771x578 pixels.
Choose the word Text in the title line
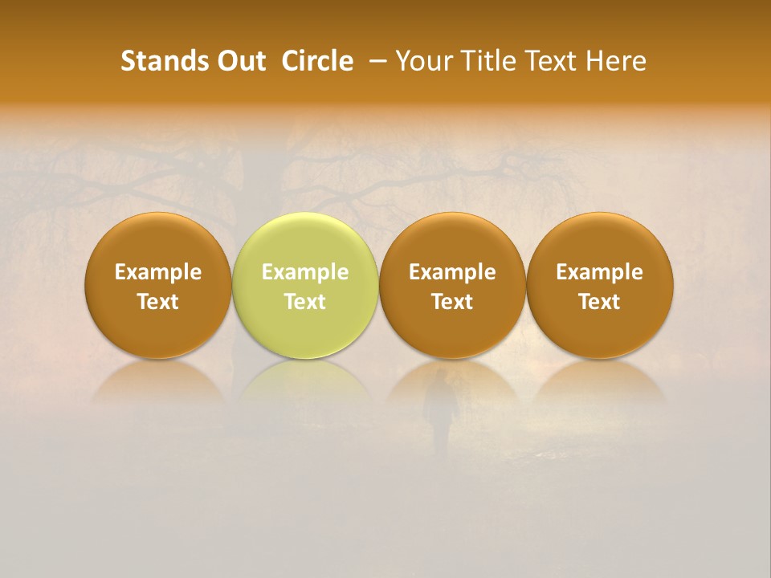click(x=551, y=61)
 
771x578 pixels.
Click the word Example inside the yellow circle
click(x=305, y=272)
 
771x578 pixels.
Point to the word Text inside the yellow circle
click(x=305, y=302)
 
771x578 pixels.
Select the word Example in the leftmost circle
click(x=157, y=272)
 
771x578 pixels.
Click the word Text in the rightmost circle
click(x=599, y=302)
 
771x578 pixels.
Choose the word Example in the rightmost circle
click(x=599, y=272)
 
